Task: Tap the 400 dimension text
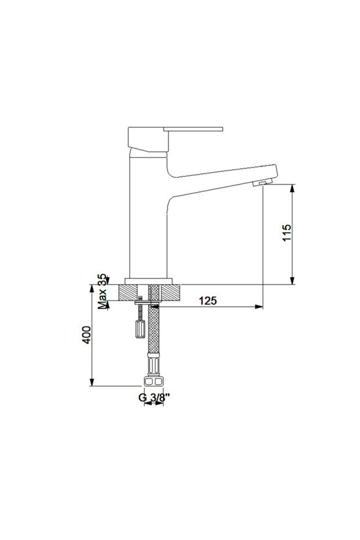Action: click(x=86, y=335)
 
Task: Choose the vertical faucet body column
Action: click(x=146, y=220)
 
